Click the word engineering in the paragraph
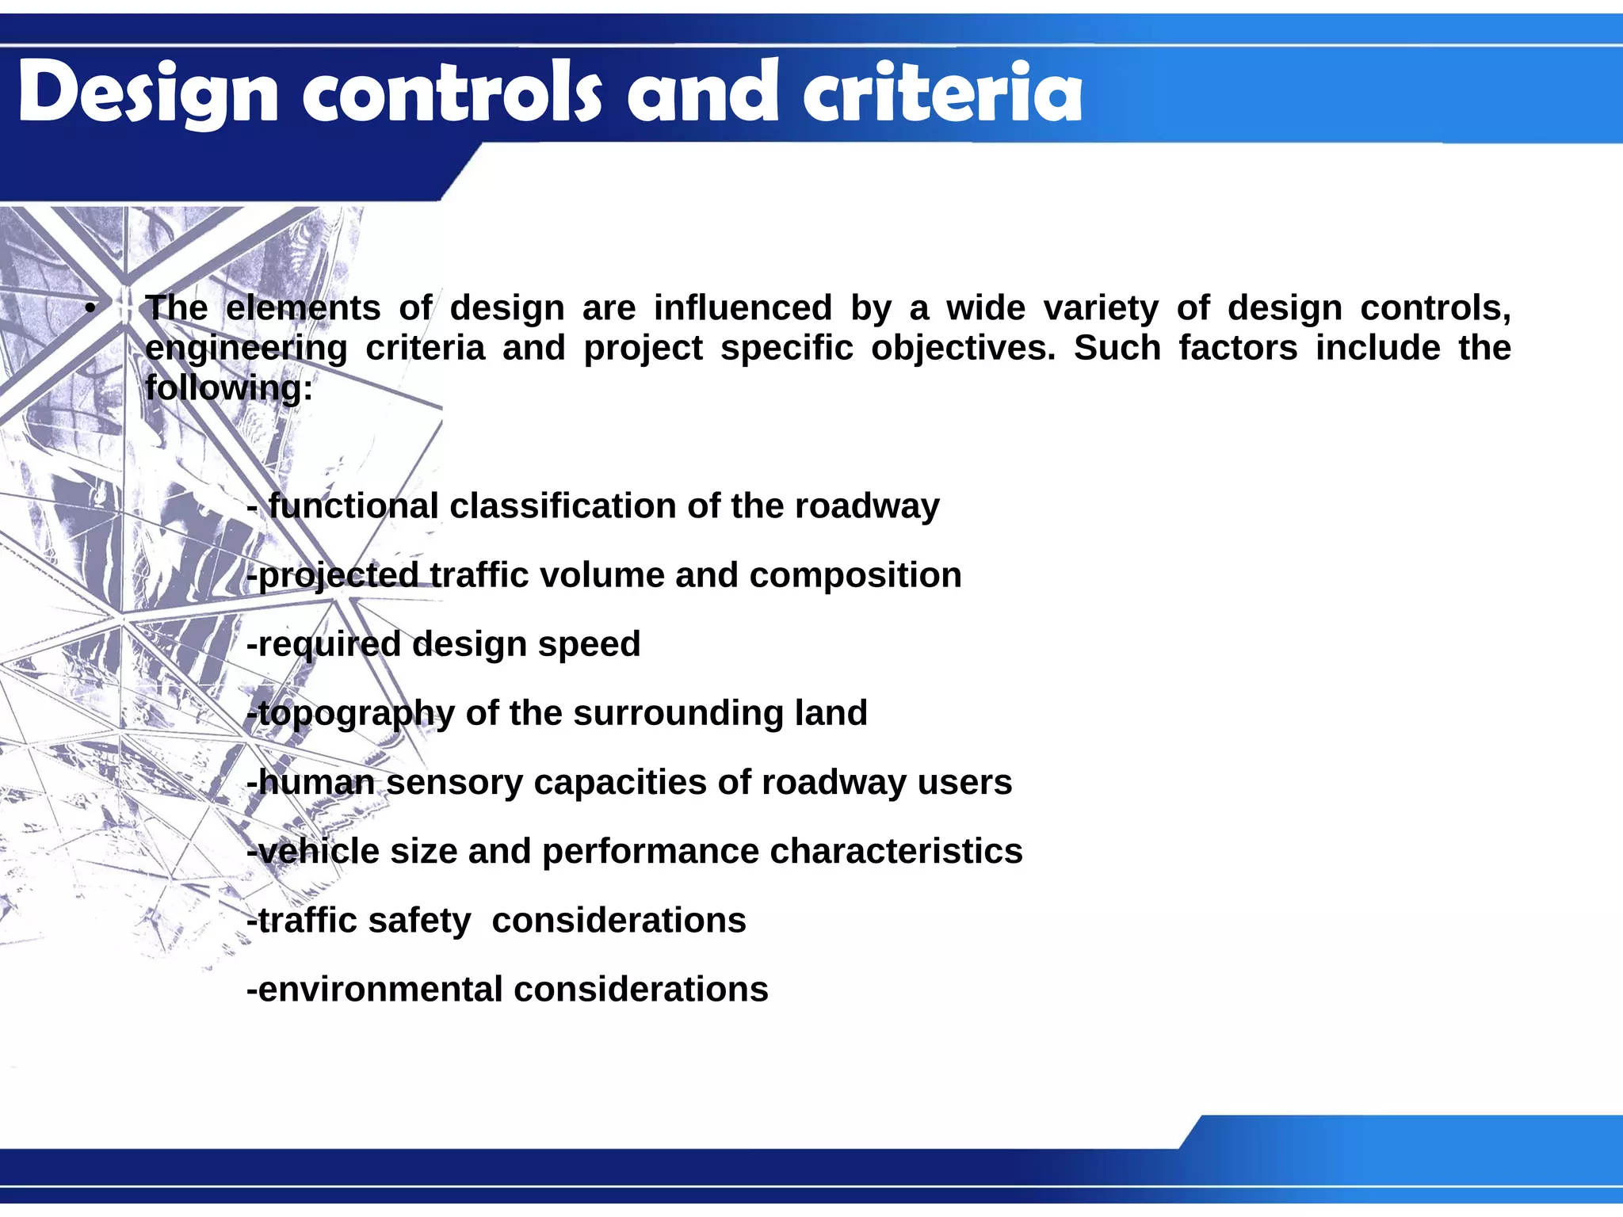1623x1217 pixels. [246, 349]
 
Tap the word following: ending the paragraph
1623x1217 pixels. [229, 389]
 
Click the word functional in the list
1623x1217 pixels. [353, 506]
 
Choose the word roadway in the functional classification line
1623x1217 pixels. [867, 506]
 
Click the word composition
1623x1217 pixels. [855, 576]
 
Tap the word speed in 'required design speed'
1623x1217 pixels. [589, 645]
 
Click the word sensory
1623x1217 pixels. [454, 783]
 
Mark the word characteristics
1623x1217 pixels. [896, 852]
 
